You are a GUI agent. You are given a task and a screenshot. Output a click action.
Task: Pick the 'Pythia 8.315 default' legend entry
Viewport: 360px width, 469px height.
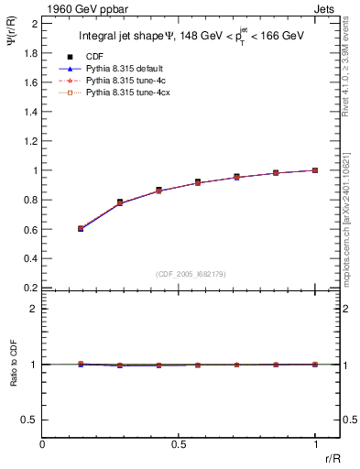(126, 69)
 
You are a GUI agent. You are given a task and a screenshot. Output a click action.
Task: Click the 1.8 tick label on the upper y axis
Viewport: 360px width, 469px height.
(29, 53)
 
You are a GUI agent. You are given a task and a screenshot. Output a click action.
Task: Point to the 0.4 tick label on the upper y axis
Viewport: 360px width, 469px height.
(29, 258)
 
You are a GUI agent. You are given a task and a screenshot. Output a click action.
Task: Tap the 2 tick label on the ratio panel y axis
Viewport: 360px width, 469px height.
(34, 309)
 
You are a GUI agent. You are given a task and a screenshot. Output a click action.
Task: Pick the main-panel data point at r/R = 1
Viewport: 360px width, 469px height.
(315, 170)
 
